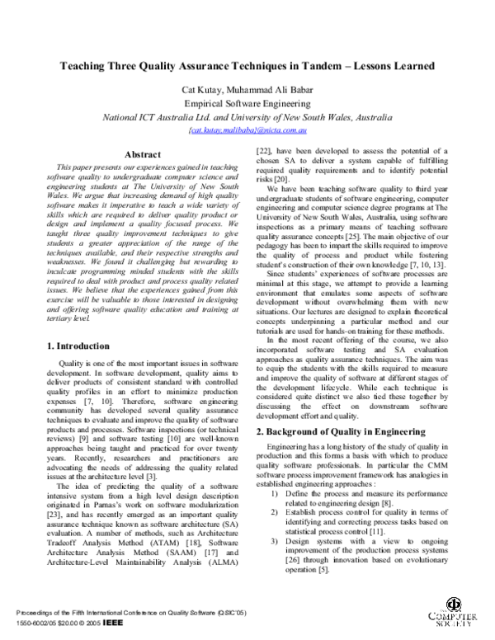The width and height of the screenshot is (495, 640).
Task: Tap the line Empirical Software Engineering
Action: click(248, 103)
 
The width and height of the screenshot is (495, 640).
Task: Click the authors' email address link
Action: click(248, 130)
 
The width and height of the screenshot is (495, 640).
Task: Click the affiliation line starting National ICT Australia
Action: click(248, 117)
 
